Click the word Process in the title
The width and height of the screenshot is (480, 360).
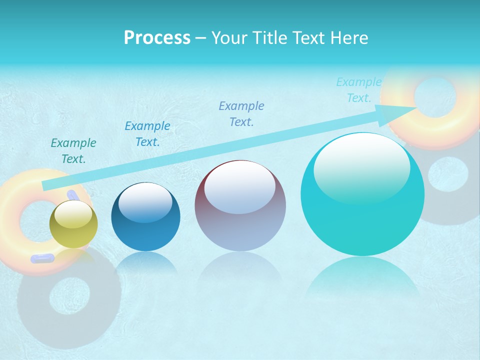click(x=157, y=38)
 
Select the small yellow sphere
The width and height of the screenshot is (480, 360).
click(x=73, y=224)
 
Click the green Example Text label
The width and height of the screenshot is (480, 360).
click(x=73, y=151)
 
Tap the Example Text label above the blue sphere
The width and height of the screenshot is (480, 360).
click(x=147, y=134)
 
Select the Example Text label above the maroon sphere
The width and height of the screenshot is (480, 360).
click(x=241, y=113)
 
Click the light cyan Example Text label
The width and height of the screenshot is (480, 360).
click(x=358, y=90)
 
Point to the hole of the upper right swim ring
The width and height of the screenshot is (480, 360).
click(x=434, y=95)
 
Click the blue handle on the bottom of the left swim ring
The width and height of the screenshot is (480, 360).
click(x=42, y=258)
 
